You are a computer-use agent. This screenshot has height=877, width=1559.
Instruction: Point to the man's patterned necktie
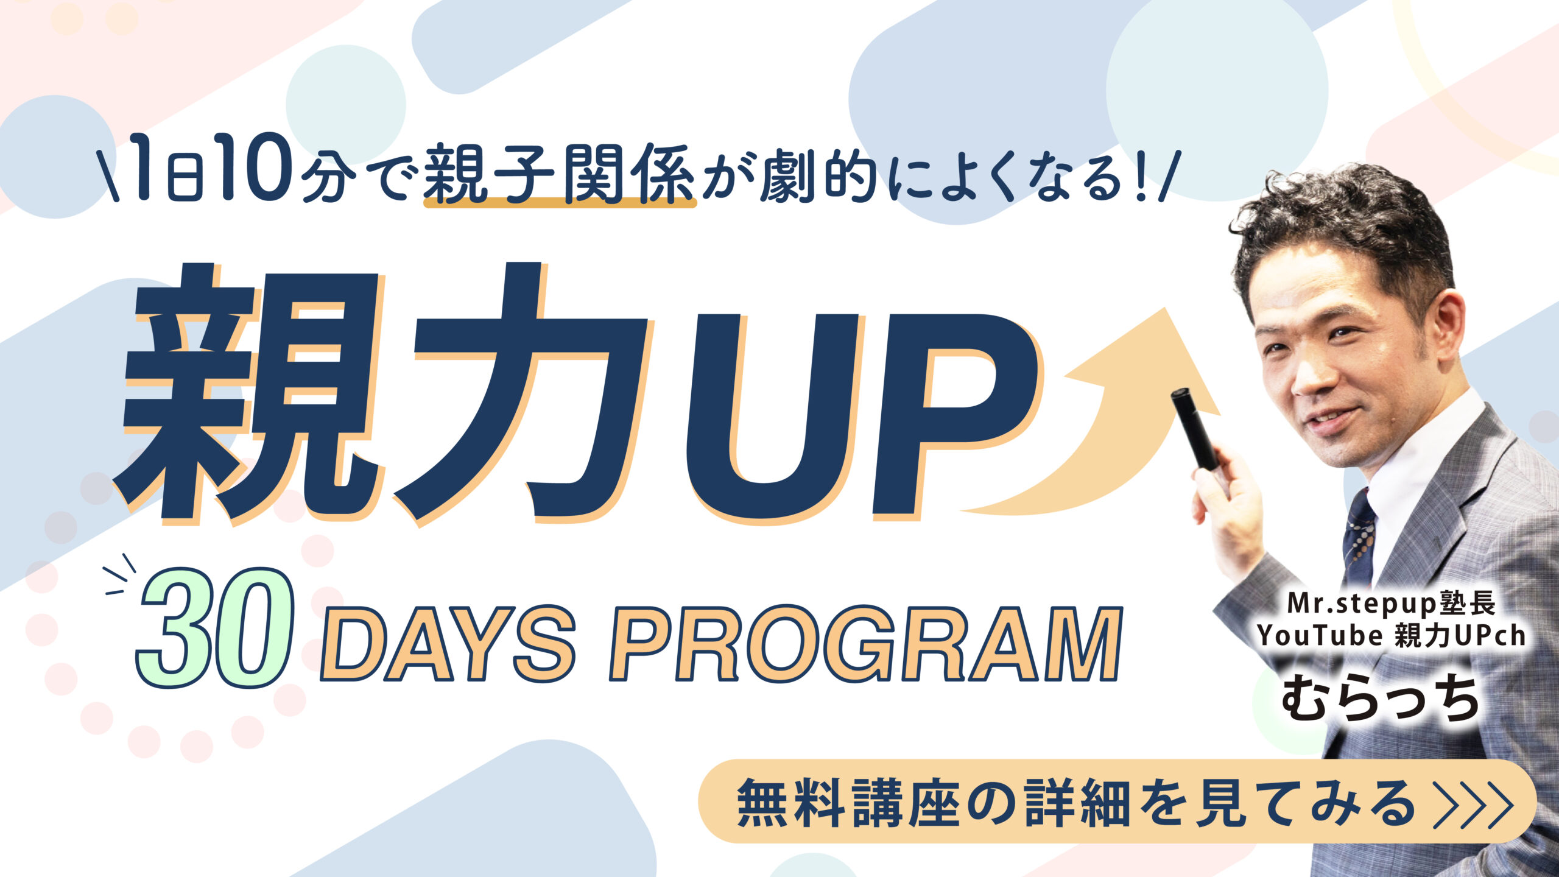[x=1359, y=539]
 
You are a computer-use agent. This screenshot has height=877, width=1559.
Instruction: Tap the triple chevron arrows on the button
[x=1473, y=804]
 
